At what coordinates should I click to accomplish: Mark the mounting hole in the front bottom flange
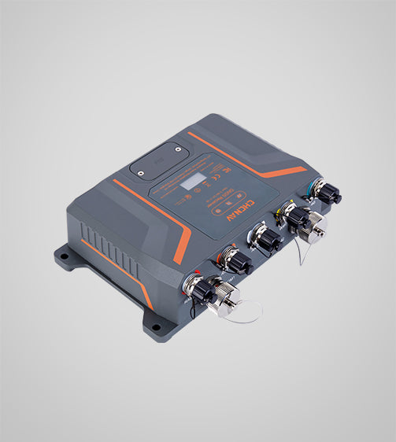point(156,327)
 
